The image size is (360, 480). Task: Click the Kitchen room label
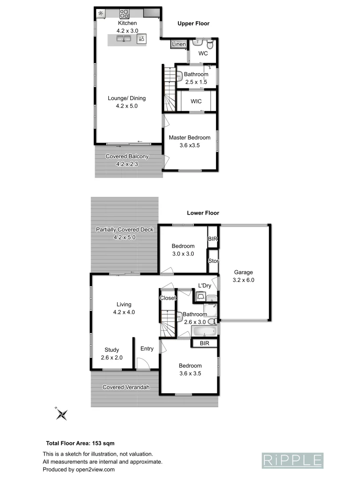[128, 23]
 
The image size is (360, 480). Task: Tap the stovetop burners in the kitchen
[124, 14]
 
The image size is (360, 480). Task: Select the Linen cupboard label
[179, 44]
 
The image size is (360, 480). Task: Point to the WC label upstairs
[203, 53]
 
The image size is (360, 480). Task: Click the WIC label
[196, 101]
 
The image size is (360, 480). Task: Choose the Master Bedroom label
[189, 138]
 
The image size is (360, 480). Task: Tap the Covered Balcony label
[127, 156]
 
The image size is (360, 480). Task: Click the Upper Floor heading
[193, 24]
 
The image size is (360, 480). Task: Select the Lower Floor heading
[203, 213]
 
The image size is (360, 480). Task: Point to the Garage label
[244, 272]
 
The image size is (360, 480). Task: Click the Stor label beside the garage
[213, 261]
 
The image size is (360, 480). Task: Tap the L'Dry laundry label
[204, 285]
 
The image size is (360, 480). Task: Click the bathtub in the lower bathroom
[204, 331]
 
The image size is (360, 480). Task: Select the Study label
[112, 350]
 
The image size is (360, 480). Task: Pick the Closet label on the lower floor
[168, 298]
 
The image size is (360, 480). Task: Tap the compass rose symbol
[62, 414]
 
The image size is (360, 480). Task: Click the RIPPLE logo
[292, 460]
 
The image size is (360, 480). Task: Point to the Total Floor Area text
[81, 443]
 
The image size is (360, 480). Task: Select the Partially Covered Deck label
[125, 230]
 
